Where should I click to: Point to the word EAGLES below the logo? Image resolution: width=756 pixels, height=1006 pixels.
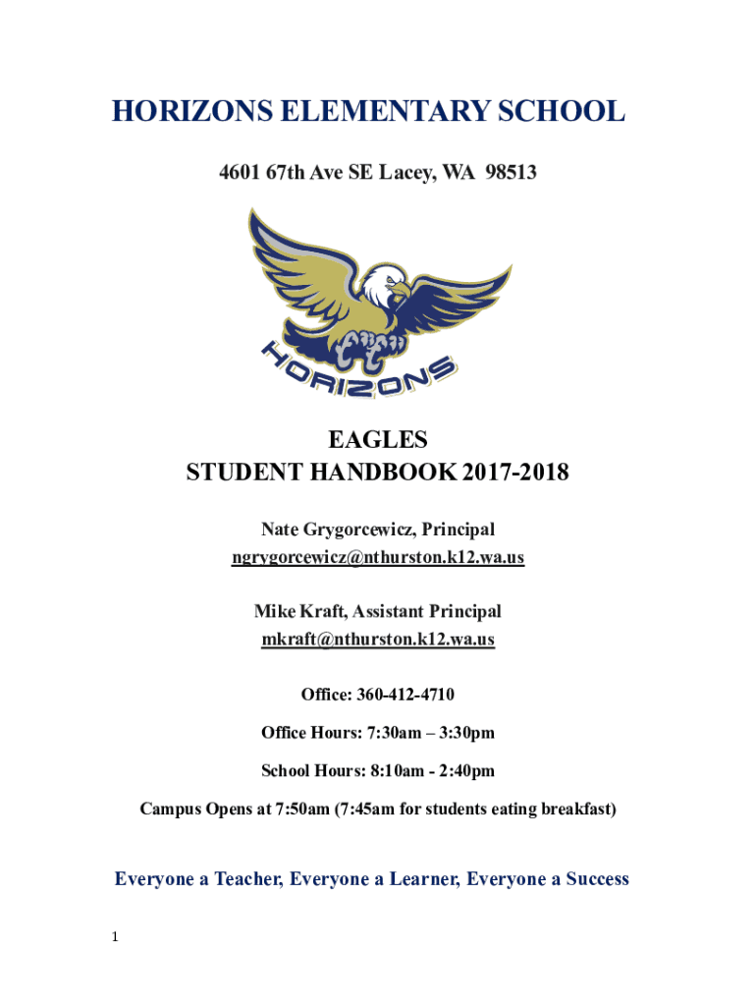[377, 438]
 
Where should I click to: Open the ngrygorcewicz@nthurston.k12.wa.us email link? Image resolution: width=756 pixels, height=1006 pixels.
[377, 558]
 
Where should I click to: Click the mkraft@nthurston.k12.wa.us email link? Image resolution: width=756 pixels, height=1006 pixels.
[377, 640]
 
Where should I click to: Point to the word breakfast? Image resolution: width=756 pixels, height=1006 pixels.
[579, 810]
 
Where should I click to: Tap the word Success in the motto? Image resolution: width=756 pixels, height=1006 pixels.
[593, 879]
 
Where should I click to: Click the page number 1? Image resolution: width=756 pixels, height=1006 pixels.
[115, 937]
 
